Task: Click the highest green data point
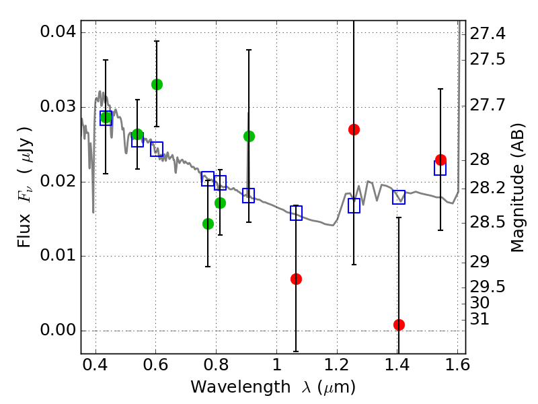coord(157,84)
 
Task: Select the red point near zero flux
coord(399,325)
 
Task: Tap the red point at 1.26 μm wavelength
coord(354,129)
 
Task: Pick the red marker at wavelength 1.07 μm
coord(296,279)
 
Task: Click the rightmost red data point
coord(440,160)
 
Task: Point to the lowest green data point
coord(208,224)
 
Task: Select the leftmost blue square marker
coord(106,119)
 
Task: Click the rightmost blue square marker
coord(440,168)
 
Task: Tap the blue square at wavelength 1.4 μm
coord(399,197)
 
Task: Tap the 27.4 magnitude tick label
coord(488,33)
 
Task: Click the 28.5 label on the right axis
coord(488,222)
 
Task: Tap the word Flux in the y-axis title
coord(25,213)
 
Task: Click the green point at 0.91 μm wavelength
coord(249,136)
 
